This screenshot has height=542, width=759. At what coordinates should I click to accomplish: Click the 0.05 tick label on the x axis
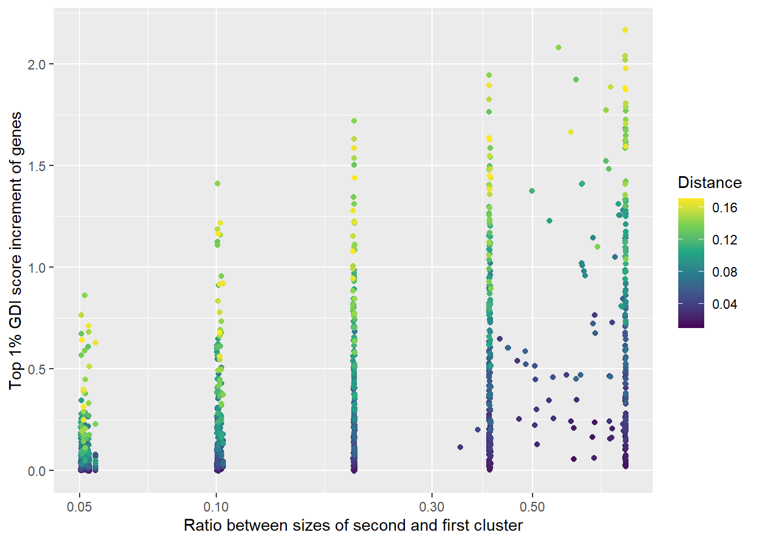tap(79, 507)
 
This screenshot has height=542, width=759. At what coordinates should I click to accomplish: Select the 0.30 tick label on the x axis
tap(432, 507)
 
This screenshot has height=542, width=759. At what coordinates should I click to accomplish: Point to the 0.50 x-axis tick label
tap(532, 507)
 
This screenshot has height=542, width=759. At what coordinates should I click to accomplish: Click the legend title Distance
tap(709, 183)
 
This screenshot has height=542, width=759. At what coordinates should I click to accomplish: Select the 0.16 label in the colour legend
tap(725, 208)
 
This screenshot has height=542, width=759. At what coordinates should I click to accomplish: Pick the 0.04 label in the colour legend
tap(725, 304)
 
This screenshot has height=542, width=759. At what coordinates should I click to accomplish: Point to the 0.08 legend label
tap(725, 272)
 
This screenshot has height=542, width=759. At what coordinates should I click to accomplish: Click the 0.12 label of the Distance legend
tap(725, 240)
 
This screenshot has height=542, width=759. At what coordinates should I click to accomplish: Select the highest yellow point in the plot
tap(625, 30)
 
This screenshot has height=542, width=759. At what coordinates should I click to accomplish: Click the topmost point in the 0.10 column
tap(217, 183)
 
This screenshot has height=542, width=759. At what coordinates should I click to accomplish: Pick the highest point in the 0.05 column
tap(85, 295)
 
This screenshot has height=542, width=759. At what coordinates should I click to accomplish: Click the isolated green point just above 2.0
tap(559, 47)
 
